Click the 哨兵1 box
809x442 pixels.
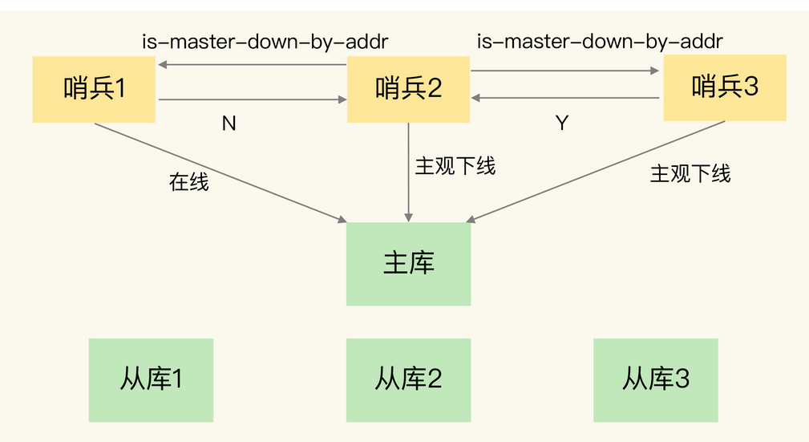pyautogui.click(x=94, y=89)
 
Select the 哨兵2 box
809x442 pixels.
pyautogui.click(x=408, y=89)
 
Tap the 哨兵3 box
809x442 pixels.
pyautogui.click(x=725, y=87)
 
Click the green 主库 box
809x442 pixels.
pyautogui.click(x=408, y=264)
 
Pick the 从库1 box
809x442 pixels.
pyautogui.click(x=151, y=379)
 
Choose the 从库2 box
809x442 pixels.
pyautogui.click(x=408, y=379)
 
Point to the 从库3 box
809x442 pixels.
pyautogui.click(x=655, y=379)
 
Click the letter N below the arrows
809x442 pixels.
pyautogui.click(x=229, y=124)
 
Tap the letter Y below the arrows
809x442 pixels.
pyautogui.click(x=562, y=124)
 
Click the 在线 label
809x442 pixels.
pyautogui.click(x=188, y=183)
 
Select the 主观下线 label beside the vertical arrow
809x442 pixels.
pyautogui.click(x=455, y=166)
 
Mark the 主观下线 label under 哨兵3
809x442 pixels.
pyautogui.click(x=690, y=174)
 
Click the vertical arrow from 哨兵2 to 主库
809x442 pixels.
pyautogui.click(x=409, y=172)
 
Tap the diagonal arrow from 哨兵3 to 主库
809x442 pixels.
pyautogui.click(x=597, y=171)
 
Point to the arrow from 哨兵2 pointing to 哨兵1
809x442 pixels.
pyautogui.click(x=252, y=65)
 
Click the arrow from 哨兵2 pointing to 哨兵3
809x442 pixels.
pyautogui.click(x=564, y=71)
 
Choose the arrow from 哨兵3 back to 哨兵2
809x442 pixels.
pyautogui.click(x=564, y=98)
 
